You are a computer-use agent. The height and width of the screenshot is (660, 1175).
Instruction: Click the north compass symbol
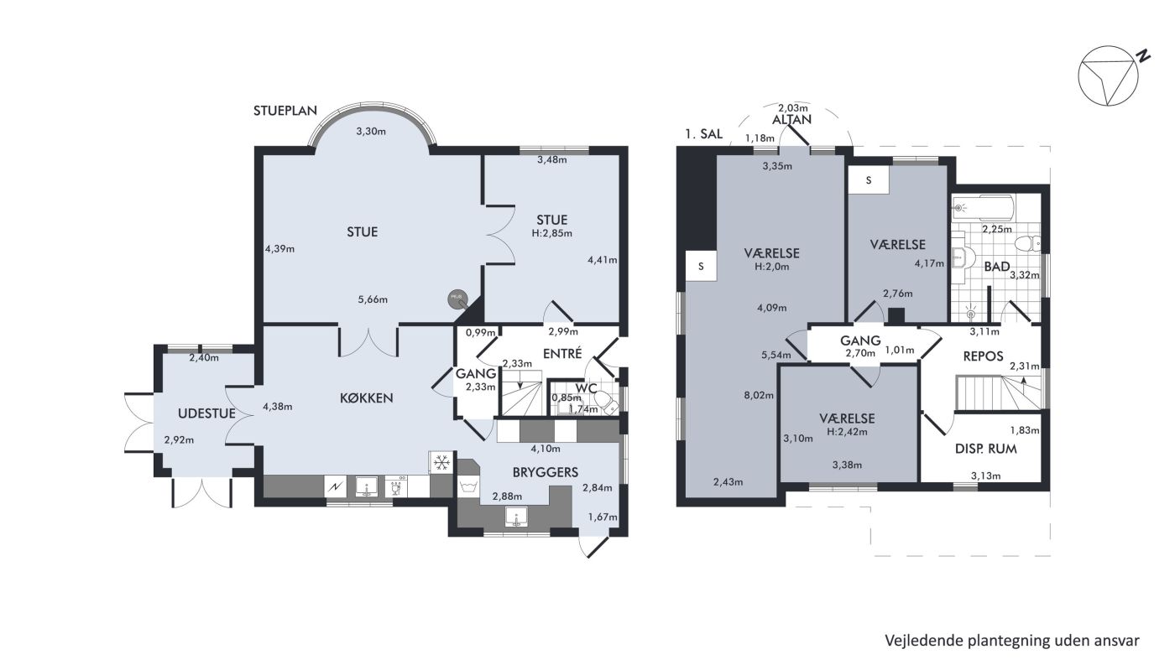click(x=1108, y=76)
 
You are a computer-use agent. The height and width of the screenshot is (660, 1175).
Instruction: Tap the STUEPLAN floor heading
click(x=285, y=111)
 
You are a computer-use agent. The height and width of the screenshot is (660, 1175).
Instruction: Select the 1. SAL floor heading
click(x=703, y=134)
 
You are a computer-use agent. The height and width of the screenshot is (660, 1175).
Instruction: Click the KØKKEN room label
click(x=366, y=398)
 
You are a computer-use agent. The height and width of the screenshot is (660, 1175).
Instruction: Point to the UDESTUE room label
click(x=206, y=413)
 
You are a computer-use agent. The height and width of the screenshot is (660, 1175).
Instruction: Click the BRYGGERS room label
click(x=545, y=472)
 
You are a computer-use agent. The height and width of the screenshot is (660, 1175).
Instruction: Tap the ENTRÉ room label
click(x=562, y=353)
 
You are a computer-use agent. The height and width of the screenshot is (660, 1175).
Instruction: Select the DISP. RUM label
click(x=985, y=449)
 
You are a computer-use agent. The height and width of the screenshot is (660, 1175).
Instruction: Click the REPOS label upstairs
click(x=983, y=356)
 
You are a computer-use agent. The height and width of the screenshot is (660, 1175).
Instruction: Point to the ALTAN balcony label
click(x=791, y=120)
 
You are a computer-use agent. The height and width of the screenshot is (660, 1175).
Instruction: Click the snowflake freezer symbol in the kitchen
click(x=441, y=462)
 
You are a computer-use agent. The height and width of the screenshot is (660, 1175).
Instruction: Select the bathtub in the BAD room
click(x=983, y=208)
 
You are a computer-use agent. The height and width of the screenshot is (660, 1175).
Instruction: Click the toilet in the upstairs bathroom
click(x=1027, y=244)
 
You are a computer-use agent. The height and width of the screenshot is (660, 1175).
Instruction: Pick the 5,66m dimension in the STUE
click(x=373, y=300)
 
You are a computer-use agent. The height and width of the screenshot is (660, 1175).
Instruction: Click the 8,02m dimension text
click(x=759, y=395)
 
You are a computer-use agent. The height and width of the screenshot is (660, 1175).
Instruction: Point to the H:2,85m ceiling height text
click(x=552, y=233)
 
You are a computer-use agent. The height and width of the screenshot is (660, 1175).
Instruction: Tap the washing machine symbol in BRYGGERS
click(x=468, y=486)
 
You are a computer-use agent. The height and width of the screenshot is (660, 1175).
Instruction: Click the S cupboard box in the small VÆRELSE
click(x=869, y=180)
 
